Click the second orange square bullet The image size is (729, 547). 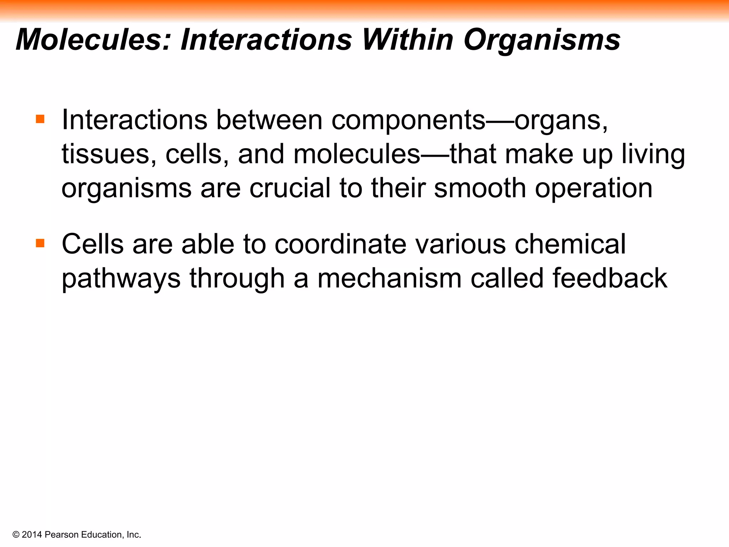pyautogui.click(x=40, y=243)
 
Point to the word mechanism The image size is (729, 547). pyautogui.click(x=389, y=278)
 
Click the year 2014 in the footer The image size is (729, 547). pyautogui.click(x=32, y=535)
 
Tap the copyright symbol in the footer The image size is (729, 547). pyautogui.click(x=16, y=535)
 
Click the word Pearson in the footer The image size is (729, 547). pyautogui.click(x=62, y=535)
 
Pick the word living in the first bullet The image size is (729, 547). pyautogui.click(x=653, y=155)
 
